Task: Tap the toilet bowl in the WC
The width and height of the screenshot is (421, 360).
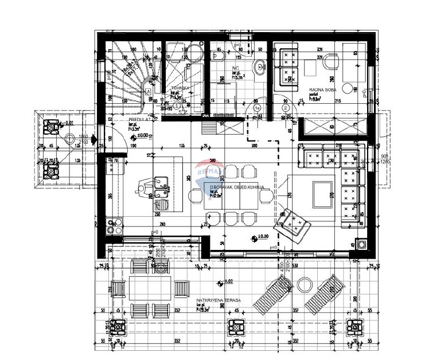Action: coord(217,56)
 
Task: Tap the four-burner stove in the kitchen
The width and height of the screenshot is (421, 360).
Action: coord(114,226)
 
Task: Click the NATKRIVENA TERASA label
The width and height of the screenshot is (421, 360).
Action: coord(218,300)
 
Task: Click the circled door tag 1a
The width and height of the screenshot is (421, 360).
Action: coord(258,107)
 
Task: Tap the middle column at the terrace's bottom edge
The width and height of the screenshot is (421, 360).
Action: coord(236,327)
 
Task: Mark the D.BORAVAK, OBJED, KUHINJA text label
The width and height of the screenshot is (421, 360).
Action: coord(236,187)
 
